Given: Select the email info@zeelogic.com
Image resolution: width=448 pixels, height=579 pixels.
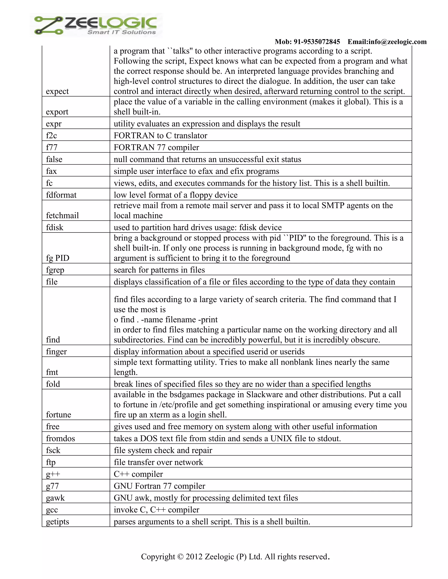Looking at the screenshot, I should [x=387, y=42].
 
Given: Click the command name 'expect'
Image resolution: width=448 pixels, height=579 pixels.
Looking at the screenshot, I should [x=57, y=91].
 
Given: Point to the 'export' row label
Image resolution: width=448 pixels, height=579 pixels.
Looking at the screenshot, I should [x=57, y=112].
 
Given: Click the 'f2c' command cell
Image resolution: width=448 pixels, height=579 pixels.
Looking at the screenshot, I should [x=51, y=135].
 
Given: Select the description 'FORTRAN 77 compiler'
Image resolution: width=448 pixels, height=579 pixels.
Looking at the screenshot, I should [x=156, y=147].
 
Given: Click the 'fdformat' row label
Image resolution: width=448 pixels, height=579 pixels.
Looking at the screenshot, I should [x=61, y=195].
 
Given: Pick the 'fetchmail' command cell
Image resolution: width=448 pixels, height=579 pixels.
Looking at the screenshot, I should [x=62, y=215].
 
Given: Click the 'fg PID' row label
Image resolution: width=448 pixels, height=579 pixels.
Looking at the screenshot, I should [x=57, y=258].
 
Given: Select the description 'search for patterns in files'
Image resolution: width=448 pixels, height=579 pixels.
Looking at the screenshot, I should [x=159, y=270].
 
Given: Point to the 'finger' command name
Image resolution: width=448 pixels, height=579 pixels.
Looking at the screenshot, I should [x=56, y=352].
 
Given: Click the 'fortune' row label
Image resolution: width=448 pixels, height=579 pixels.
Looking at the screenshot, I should [x=58, y=415].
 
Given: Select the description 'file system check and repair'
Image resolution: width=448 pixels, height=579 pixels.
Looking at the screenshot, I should [x=163, y=451].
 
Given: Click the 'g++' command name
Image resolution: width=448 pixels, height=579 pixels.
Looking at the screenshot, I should [x=53, y=474].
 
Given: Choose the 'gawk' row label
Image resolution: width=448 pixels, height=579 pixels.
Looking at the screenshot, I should [x=55, y=498].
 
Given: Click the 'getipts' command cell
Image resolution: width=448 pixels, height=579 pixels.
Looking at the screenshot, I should [x=57, y=522].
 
